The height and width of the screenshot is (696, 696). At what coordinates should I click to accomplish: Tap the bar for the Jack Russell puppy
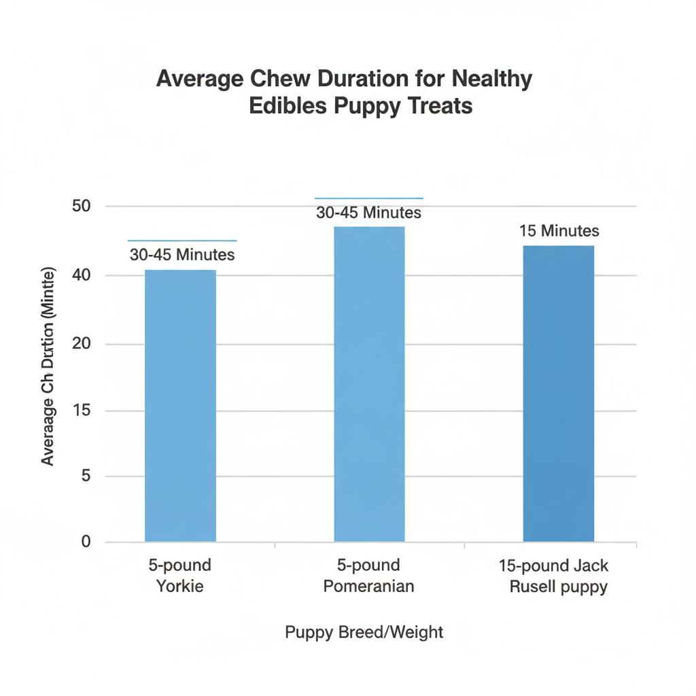point(558,394)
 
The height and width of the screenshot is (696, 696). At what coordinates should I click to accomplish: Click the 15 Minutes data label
point(559,231)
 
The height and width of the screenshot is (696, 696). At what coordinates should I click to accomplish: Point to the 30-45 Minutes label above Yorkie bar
point(182,255)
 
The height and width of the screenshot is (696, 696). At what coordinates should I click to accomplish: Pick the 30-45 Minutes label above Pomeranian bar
point(369,213)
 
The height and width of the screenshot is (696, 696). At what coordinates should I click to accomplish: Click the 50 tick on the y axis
point(82,206)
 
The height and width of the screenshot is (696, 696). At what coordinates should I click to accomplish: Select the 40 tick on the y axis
point(82,275)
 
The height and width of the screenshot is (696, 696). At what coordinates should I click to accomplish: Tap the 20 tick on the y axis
point(82,344)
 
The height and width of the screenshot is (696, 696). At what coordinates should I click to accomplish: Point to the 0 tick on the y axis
point(86,542)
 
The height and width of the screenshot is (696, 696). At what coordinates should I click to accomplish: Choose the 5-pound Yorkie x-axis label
point(180,576)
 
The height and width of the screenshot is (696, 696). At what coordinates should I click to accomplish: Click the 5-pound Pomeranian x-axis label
point(369,576)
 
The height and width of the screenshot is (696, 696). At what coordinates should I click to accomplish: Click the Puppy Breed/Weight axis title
point(364,633)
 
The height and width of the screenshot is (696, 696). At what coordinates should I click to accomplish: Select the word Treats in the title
point(438,107)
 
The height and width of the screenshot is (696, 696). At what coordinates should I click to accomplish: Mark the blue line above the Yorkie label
point(182,241)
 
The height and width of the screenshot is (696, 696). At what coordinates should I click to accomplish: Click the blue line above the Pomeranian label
point(369,198)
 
